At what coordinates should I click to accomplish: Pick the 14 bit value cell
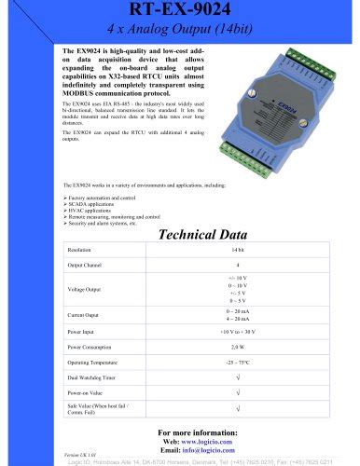(x=238, y=251)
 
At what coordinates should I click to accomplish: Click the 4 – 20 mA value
(x=238, y=320)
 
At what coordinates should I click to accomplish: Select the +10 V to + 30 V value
(x=238, y=331)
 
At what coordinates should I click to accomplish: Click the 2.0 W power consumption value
(x=238, y=346)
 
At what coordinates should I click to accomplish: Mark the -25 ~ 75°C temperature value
(x=238, y=361)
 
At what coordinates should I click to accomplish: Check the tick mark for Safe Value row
(x=238, y=408)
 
